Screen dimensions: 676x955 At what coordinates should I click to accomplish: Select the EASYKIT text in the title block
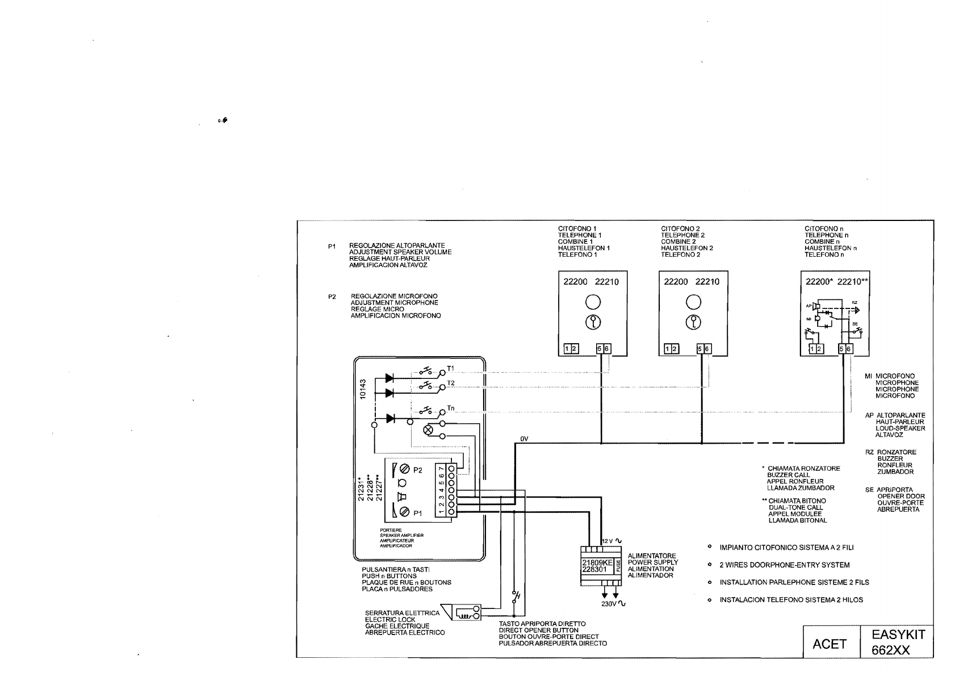(x=897, y=634)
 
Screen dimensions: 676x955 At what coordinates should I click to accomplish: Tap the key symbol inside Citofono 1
(x=592, y=323)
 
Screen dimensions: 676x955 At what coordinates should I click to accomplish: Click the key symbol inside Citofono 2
(x=693, y=323)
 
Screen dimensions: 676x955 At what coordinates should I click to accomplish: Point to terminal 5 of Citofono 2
(x=700, y=349)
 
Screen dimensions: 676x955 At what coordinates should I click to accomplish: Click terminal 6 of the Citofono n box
(x=849, y=349)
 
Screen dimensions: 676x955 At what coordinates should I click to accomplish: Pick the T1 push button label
(x=451, y=368)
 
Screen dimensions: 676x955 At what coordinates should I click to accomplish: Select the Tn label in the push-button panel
(x=451, y=408)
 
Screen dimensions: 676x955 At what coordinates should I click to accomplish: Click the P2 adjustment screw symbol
(x=405, y=469)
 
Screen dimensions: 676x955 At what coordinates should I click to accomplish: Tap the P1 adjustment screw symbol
(x=405, y=512)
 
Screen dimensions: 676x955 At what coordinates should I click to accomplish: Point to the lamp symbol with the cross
(x=429, y=430)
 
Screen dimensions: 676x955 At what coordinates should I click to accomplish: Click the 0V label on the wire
(x=524, y=439)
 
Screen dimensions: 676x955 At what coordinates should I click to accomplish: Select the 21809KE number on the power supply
(x=596, y=562)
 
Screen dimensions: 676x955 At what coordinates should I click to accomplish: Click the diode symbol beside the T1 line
(x=389, y=377)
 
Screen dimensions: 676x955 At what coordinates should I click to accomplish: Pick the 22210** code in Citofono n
(x=853, y=282)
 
